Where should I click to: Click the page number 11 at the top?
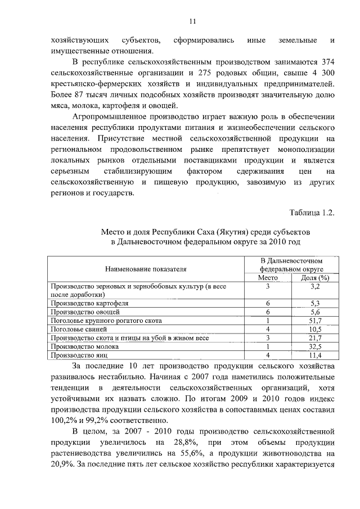192,22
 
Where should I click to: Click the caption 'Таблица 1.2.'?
312,213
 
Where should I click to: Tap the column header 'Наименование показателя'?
145,269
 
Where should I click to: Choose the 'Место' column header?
268,278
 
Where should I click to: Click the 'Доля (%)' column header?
314,278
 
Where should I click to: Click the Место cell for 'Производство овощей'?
268,312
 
